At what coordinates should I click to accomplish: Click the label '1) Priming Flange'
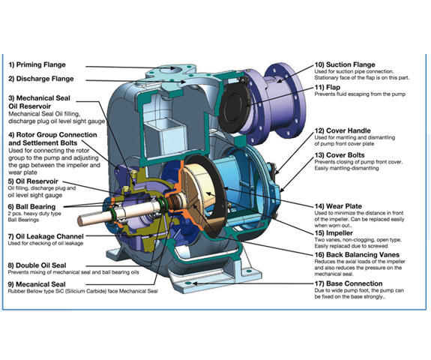pos(37,65)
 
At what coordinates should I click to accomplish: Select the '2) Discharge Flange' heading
pos(41,79)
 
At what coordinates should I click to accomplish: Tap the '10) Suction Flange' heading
pos(345,65)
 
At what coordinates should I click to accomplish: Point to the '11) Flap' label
pos(328,88)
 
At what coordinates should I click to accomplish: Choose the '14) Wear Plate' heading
pos(338,206)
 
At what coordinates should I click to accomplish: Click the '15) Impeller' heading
pos(334,233)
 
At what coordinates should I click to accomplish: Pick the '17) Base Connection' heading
pos(349,283)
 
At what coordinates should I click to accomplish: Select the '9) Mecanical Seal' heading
pos(37,284)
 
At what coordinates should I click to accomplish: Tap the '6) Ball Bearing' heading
pos(32,207)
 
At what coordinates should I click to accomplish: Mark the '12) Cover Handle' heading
pos(343,131)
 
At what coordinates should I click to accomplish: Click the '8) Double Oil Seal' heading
pos(37,265)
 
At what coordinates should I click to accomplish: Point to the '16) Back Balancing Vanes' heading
pos(357,255)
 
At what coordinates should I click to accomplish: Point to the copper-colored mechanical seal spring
pos(173,202)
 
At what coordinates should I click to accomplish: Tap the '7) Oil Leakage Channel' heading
pos(46,236)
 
